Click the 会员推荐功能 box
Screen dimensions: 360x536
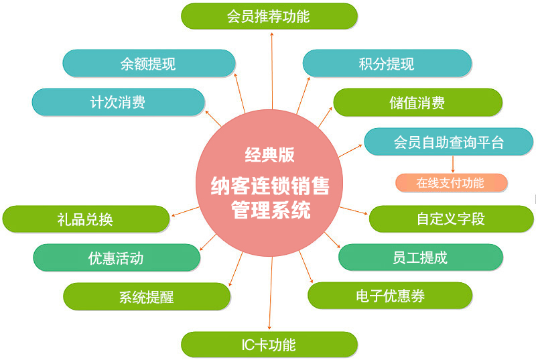click(269, 16)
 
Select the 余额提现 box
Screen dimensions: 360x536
click(149, 64)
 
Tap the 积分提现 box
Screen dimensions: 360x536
click(387, 64)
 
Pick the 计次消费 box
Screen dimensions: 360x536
click(118, 102)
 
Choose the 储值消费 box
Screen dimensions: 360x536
click(417, 103)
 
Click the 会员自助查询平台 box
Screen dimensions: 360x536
click(448, 142)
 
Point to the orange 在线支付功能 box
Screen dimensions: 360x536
click(451, 182)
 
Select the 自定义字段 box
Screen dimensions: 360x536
click(451, 219)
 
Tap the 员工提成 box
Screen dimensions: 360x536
click(420, 257)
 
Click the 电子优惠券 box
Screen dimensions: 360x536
click(390, 296)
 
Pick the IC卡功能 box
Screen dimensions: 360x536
click(269, 345)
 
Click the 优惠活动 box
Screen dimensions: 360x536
click(116, 257)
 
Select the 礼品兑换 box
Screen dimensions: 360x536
click(85, 219)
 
